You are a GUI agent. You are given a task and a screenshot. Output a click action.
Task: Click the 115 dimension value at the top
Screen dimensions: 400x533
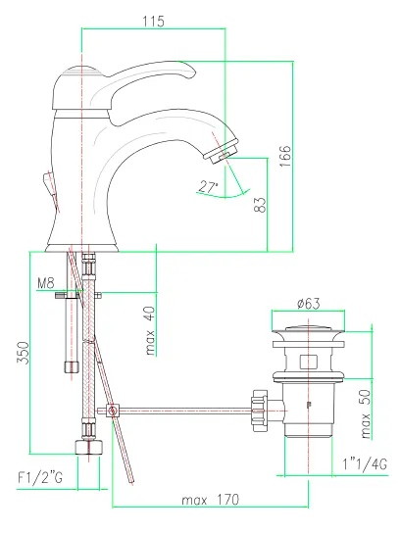tap(153, 22)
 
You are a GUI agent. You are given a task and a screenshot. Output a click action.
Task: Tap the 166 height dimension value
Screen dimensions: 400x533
tap(285, 156)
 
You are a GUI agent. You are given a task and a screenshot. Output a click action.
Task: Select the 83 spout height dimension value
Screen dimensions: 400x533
tap(260, 205)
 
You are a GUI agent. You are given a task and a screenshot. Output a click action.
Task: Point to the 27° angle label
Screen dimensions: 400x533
tap(208, 187)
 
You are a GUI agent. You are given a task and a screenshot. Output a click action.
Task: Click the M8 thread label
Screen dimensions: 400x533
tap(45, 283)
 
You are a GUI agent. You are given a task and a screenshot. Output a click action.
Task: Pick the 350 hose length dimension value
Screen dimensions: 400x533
tap(24, 353)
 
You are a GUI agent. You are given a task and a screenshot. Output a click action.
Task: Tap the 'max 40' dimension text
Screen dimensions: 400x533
tap(150, 331)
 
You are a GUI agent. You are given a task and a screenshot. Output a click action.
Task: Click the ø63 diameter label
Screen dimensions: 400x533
tap(308, 303)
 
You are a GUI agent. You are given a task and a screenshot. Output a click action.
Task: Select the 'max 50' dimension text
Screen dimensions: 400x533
tap(365, 414)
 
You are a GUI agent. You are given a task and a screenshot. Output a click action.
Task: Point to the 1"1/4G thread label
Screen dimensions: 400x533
tap(365, 463)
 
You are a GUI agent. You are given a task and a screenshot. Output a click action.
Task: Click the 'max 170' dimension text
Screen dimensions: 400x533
tap(211, 500)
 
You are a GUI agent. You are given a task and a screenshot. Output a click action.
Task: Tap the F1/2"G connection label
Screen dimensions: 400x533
tap(40, 477)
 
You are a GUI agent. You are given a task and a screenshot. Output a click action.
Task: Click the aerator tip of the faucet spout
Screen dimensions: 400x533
tap(222, 152)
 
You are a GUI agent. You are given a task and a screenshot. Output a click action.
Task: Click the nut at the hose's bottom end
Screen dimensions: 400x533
tap(89, 447)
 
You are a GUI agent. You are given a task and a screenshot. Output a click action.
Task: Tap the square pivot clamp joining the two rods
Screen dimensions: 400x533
tap(113, 411)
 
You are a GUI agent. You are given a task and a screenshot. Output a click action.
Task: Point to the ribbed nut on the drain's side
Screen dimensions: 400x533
tap(260, 411)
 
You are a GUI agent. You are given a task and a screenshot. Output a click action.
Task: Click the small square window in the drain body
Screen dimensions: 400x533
tap(309, 362)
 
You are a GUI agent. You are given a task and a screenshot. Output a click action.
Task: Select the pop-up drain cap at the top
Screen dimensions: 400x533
tap(308, 329)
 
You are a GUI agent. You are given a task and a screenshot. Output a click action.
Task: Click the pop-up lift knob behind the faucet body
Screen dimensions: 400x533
tap(49, 184)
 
